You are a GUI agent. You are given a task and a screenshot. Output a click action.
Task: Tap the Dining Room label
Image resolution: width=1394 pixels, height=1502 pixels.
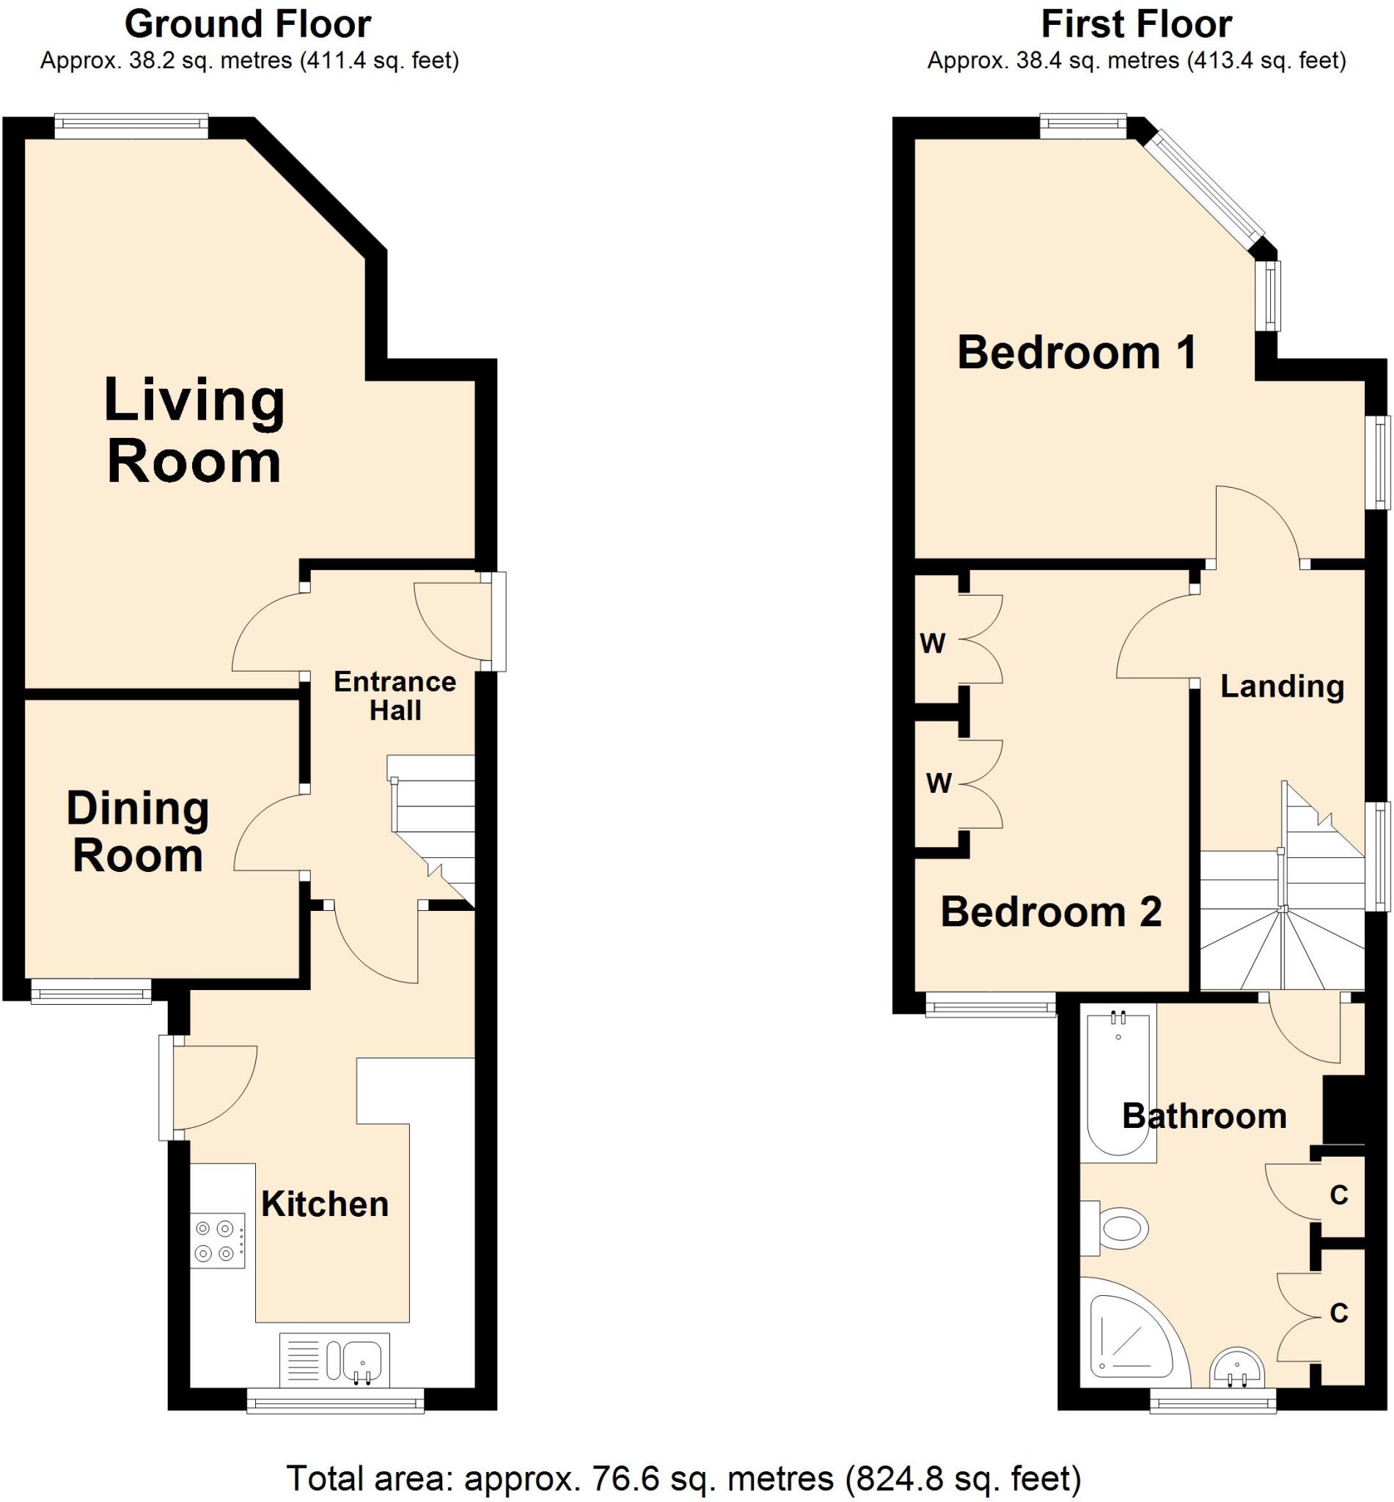point(138,832)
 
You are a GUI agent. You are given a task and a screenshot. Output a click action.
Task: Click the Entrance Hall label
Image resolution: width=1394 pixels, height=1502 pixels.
point(395,695)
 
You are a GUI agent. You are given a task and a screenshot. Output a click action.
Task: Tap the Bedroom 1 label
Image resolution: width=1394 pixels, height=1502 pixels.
point(1076,352)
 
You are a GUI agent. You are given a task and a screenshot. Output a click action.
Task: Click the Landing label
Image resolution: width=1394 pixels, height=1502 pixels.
point(1283,686)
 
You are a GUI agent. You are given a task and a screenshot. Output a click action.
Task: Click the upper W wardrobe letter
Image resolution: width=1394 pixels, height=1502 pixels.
point(933,643)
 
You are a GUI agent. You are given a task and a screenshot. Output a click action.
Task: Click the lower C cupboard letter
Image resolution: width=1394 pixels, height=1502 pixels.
point(1339,1314)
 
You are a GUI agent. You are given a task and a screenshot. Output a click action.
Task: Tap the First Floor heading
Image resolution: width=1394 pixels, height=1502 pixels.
point(1136,24)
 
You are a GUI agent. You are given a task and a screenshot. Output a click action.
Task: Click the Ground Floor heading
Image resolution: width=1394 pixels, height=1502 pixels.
point(247,24)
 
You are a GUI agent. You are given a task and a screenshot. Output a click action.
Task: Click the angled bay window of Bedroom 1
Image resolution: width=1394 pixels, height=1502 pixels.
point(1205,192)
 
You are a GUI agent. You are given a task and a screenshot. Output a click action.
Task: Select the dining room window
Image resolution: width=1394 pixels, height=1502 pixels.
point(90,992)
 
